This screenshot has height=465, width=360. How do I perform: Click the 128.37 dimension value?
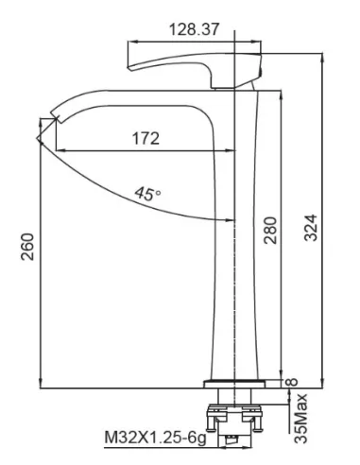[194, 29]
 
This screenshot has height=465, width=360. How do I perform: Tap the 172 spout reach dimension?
[146, 138]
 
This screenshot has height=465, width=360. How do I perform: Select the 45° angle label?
[147, 194]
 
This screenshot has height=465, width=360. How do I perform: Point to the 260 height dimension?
[27, 247]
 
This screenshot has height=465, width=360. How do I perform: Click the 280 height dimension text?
[270, 230]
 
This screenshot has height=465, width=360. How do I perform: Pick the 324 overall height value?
[311, 228]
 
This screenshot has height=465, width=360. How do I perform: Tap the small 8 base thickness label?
[292, 382]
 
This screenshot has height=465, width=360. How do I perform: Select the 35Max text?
[300, 418]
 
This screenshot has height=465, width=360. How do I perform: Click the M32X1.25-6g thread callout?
[155, 438]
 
